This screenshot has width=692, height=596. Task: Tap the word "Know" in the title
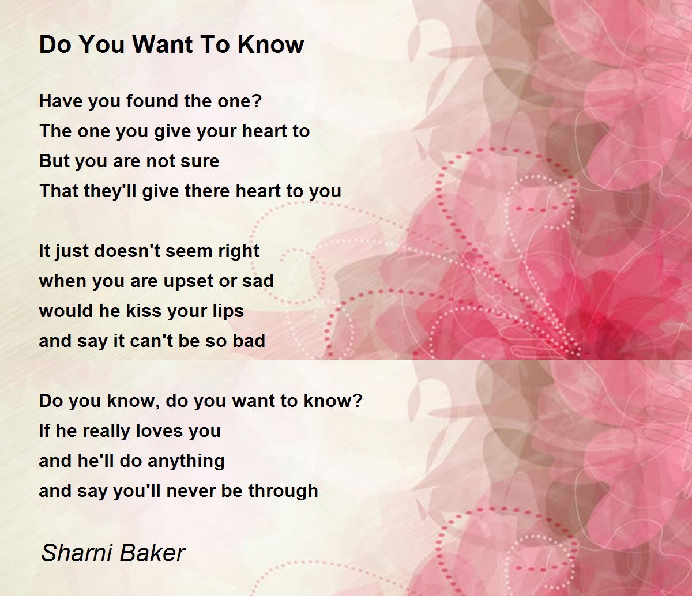click(x=270, y=44)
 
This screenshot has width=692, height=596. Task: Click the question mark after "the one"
click(x=257, y=101)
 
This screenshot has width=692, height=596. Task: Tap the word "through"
click(x=283, y=492)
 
